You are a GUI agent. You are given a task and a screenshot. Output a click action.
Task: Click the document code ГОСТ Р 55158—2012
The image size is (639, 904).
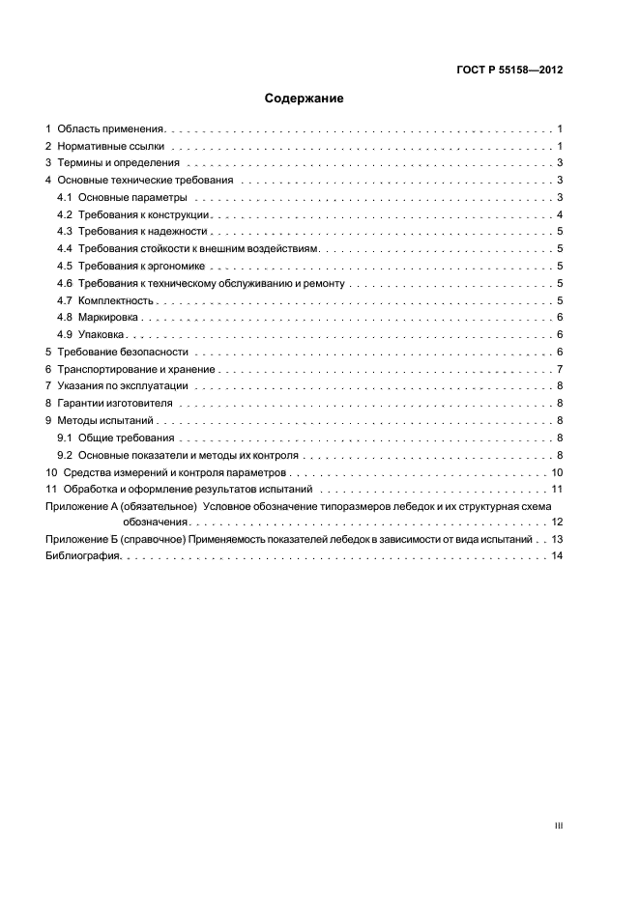[x=509, y=71]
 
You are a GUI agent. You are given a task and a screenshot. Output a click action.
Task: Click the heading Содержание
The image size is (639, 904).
[x=305, y=99]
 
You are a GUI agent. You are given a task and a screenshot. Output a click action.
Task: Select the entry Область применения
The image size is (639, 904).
[x=112, y=128]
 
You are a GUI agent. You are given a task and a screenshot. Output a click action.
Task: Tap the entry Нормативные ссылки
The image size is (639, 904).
[x=110, y=146]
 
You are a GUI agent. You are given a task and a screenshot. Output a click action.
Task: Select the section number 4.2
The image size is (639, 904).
[x=65, y=214]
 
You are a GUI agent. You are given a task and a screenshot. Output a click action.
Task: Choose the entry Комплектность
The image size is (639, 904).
[x=116, y=300]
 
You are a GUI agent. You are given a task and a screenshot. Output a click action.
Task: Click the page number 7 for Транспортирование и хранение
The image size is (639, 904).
[x=560, y=370]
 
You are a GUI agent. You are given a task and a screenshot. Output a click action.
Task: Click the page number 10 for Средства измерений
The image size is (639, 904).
[x=557, y=473]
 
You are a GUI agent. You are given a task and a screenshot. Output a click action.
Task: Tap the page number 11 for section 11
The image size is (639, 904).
[x=557, y=490]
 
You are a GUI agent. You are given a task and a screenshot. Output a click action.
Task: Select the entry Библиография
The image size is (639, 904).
[x=82, y=556]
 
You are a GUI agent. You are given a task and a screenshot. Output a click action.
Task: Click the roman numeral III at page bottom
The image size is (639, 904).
[x=558, y=826]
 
